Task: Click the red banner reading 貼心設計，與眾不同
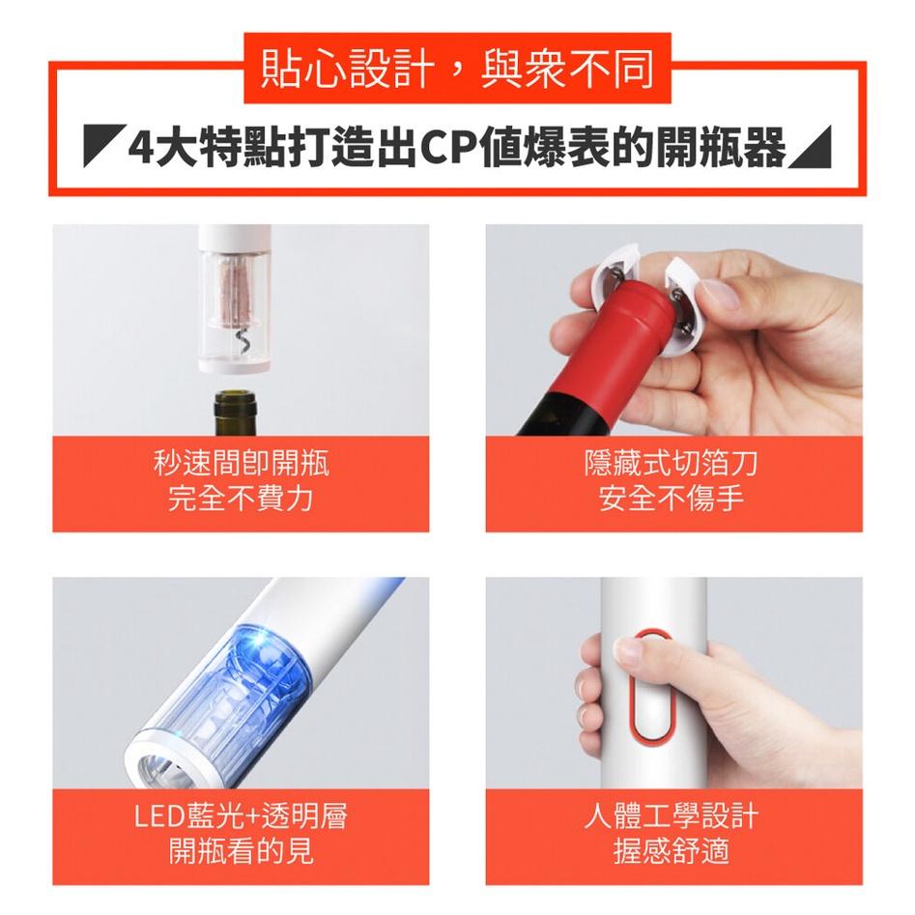tap(457, 69)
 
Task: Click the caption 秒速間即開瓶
tap(242, 465)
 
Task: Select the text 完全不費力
tap(242, 500)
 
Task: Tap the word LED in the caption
tap(156, 817)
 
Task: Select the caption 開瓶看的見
tap(242, 851)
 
